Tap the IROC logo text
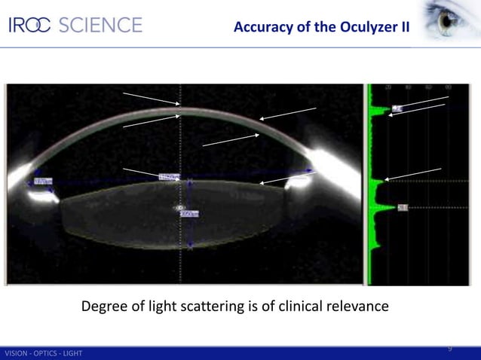pyautogui.click(x=29, y=25)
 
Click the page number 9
pyautogui.click(x=450, y=349)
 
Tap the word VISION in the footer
pyautogui.click(x=17, y=354)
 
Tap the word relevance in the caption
pyautogui.click(x=358, y=307)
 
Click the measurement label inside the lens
pyautogui.click(x=188, y=214)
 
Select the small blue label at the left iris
pyautogui.click(x=42, y=181)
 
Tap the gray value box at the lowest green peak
pyautogui.click(x=403, y=207)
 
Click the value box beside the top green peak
pyautogui.click(x=397, y=109)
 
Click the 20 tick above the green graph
pyautogui.click(x=388, y=87)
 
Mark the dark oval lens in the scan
pyautogui.click(x=173, y=222)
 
